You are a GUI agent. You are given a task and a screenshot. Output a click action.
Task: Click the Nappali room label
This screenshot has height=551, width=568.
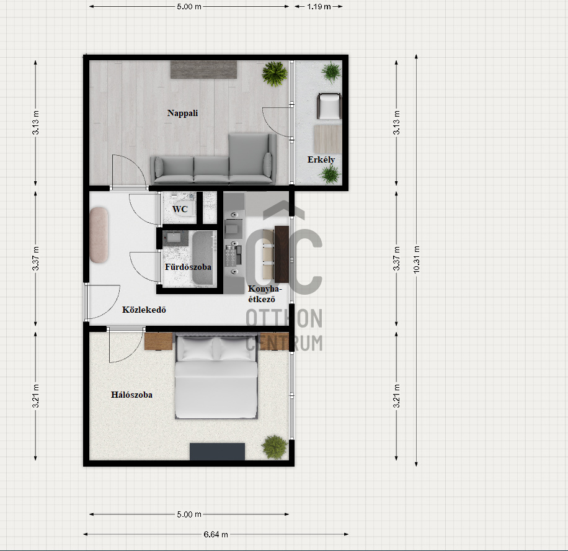[182, 113]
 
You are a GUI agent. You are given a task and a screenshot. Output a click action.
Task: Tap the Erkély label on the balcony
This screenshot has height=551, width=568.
[321, 159]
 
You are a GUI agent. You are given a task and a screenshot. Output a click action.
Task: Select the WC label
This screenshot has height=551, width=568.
[180, 209]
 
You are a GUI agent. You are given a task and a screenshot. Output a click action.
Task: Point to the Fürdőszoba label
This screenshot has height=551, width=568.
[188, 267]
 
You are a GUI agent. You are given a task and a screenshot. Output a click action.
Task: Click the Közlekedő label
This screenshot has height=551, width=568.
[144, 310]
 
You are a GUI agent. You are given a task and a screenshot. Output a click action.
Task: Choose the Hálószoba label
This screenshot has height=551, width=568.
[131, 395]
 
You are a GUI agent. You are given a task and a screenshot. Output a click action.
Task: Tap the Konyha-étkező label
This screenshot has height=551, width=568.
[264, 294]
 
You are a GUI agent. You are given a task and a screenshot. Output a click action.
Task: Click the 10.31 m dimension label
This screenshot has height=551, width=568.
[417, 259]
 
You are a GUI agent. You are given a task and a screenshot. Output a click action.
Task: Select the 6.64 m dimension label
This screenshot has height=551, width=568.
[216, 534]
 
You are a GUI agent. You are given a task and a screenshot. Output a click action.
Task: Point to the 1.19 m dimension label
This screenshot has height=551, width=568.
[319, 7]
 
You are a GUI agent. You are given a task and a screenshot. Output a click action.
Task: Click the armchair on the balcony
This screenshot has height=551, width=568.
[329, 106]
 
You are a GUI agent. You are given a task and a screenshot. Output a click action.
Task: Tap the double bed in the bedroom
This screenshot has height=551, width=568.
[216, 377]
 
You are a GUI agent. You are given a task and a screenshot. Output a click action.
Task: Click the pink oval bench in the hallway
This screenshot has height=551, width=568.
[99, 235]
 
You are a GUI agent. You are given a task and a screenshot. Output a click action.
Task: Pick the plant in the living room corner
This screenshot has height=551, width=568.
[275, 74]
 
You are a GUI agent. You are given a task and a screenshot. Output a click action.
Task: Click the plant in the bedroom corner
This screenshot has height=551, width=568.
[275, 447]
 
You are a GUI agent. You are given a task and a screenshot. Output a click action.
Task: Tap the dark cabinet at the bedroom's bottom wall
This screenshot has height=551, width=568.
[218, 452]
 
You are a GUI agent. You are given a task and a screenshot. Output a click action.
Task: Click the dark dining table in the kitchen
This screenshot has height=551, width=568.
[282, 254]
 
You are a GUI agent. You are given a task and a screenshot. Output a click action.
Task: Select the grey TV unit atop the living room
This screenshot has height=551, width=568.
[204, 69]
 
